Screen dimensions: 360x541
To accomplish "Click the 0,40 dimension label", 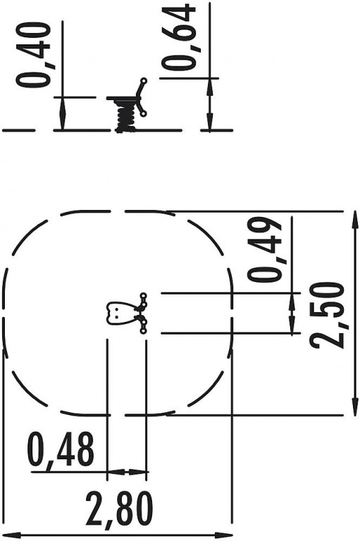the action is point(33,54).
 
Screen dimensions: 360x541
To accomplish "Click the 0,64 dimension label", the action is point(179,37).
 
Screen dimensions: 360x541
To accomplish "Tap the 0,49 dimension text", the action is point(264,250).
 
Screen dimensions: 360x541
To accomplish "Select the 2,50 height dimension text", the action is point(326,315).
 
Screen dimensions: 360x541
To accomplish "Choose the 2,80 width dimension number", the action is point(119,509).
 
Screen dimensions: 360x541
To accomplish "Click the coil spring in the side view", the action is point(125,118).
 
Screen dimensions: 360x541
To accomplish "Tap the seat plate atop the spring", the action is point(123,99).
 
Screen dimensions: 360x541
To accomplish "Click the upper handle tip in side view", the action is point(144,81).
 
